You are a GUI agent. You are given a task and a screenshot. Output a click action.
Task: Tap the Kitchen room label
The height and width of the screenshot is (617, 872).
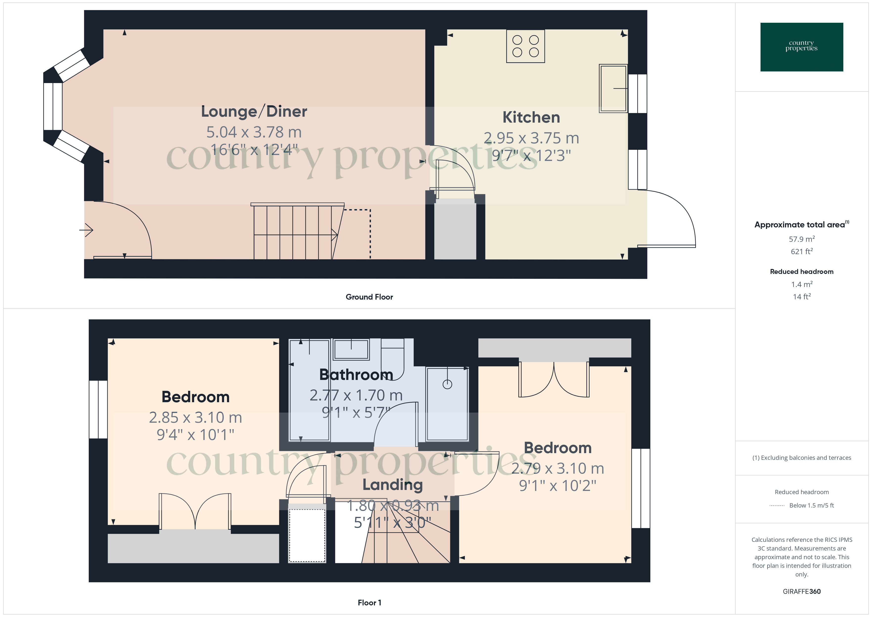point(531,117)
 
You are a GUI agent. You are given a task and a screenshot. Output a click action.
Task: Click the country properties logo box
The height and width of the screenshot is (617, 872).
point(802,47)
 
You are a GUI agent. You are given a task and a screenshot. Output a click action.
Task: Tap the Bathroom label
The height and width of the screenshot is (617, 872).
point(356,375)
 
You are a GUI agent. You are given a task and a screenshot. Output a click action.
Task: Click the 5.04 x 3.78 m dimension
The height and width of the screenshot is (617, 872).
point(254,132)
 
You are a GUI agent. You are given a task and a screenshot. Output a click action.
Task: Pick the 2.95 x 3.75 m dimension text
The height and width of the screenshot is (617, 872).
point(531,138)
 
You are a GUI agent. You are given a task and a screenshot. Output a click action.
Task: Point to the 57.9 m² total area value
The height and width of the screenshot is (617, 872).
point(802,239)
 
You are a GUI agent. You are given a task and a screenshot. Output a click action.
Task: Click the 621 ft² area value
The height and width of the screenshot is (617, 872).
point(802,251)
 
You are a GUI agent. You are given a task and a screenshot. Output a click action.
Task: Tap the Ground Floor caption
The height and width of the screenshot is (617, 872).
point(369,297)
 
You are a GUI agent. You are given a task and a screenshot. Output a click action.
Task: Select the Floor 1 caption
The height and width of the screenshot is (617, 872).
point(369,603)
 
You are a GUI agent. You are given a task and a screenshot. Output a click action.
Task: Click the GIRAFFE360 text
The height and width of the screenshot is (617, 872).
point(802,592)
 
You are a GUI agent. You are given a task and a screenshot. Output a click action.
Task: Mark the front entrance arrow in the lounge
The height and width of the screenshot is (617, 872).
point(86,230)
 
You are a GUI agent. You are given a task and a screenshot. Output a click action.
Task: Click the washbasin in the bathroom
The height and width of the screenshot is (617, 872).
point(351,349)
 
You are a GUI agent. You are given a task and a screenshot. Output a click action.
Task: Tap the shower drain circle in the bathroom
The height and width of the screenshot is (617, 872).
point(447,384)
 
